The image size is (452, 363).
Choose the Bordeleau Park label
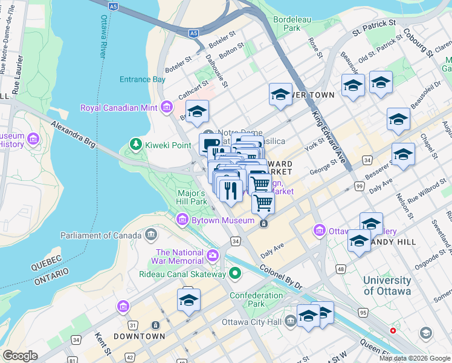click(x=286, y=23)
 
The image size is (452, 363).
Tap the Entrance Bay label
click(x=142, y=79)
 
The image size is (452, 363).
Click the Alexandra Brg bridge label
click(x=73, y=134)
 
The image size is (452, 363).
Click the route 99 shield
click(x=360, y=187)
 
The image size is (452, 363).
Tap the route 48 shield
click(x=341, y=268)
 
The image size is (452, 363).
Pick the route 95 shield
click(x=363, y=312)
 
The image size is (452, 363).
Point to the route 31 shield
click(x=132, y=325)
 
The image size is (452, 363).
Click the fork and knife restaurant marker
click(x=230, y=191)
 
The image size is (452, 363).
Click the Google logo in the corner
click(x=20, y=356)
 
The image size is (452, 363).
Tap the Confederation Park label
click(x=256, y=299)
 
